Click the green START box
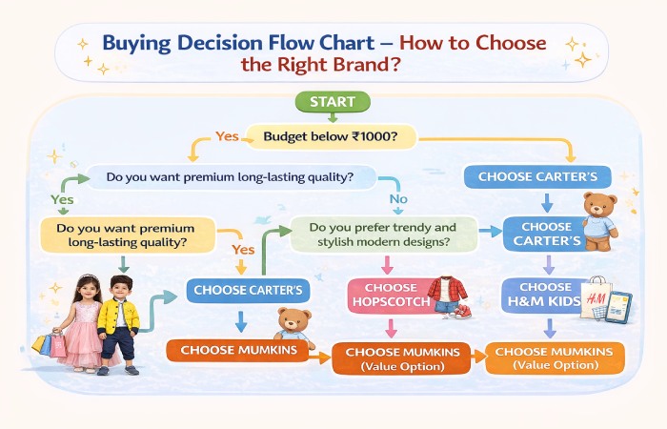332,102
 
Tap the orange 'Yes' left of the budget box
226,136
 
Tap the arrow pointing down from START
332,116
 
